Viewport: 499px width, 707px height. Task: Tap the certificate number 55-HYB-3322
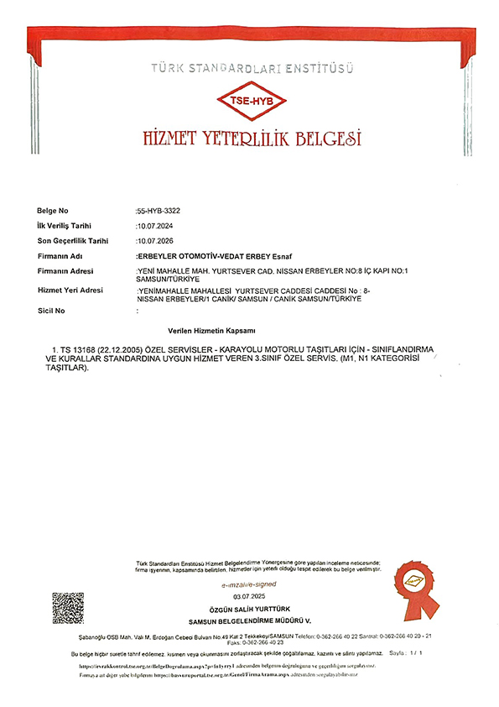157,210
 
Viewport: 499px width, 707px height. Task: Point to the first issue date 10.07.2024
156,226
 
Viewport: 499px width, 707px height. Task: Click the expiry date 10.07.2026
156,241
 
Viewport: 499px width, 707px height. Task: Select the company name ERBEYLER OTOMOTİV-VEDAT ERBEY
211,255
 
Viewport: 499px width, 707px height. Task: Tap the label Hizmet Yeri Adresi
70,290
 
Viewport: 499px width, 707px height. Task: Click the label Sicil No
51,311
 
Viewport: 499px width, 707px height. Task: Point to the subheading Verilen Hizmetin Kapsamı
211,333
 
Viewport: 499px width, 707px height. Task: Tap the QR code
68,608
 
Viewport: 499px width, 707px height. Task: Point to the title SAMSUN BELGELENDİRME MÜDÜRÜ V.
249,620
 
